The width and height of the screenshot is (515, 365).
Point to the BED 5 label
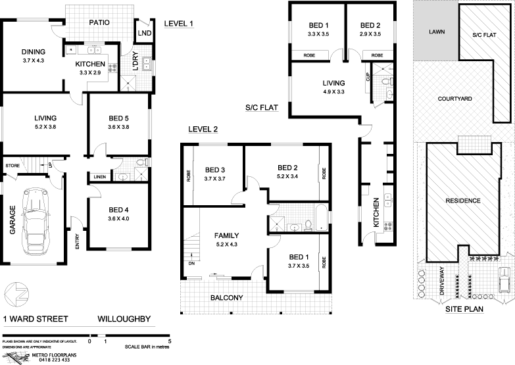[x=119, y=119]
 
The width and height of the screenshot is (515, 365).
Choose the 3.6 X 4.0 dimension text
[x=119, y=219]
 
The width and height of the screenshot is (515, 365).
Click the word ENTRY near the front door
[x=78, y=243]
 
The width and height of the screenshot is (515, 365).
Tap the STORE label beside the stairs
[x=12, y=165]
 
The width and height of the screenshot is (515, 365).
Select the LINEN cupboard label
[x=100, y=176]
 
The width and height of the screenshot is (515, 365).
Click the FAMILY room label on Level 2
[x=226, y=235]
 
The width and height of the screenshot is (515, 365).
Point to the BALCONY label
[x=226, y=298]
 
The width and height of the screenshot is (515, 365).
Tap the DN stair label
[x=192, y=263]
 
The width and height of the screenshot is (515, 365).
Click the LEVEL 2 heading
[x=203, y=129]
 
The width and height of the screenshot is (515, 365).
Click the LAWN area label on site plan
[x=436, y=31]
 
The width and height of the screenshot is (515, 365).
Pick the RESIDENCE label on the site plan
[x=463, y=201]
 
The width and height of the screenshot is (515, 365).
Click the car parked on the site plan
[x=504, y=279]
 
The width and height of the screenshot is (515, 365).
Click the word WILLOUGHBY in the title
[x=124, y=320]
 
